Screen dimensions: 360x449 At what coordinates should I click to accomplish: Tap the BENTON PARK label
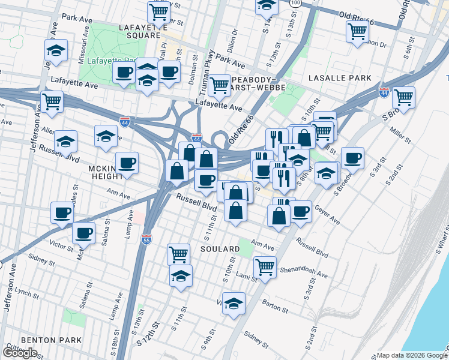click(x=51, y=340)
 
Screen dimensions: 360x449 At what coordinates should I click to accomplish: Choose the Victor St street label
click(x=61, y=245)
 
